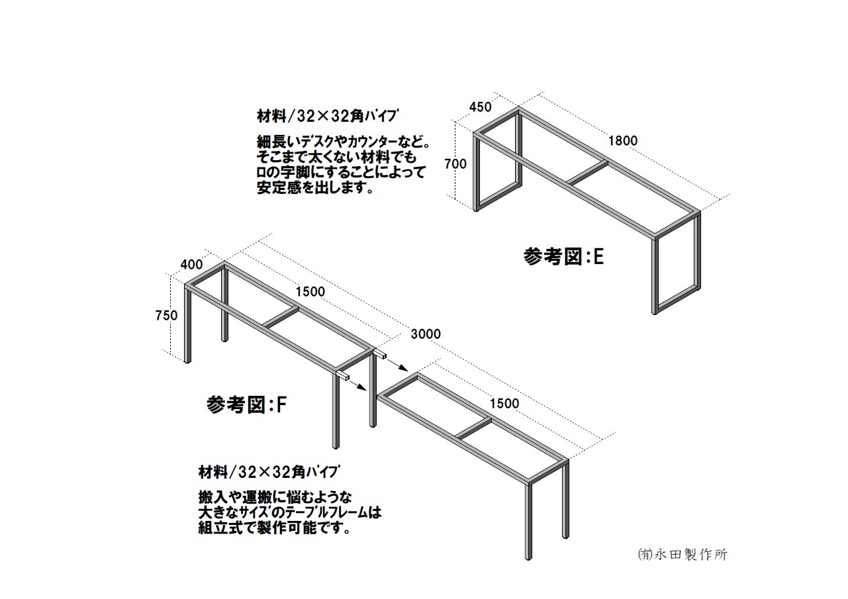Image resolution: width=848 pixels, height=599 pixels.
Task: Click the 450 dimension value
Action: [x=481, y=107]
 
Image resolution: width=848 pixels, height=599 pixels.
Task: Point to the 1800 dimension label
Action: [x=623, y=141]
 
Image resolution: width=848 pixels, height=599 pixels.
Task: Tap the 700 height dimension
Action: [x=455, y=164]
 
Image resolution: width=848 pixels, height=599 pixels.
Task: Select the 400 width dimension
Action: [x=191, y=265]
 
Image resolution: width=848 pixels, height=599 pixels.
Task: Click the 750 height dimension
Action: [x=167, y=315]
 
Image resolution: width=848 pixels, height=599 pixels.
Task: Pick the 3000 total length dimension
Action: [x=426, y=334]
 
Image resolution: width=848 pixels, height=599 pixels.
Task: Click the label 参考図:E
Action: [x=564, y=257]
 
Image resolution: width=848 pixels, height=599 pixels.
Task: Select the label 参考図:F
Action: [x=246, y=405]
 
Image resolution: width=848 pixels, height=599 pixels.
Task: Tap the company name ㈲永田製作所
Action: [x=683, y=555]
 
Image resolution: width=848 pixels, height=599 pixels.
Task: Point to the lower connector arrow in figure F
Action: [x=356, y=385]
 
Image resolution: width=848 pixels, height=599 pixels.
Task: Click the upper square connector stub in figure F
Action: [x=380, y=355]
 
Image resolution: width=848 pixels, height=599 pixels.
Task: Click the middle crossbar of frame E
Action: [x=588, y=173]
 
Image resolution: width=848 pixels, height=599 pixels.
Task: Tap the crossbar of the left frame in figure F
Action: [x=281, y=317]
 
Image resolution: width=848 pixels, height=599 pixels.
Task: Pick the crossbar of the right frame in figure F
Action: [x=474, y=429]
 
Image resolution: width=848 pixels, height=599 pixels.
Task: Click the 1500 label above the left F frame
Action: [x=310, y=292]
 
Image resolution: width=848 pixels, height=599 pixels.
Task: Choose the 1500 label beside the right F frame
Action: [x=504, y=403]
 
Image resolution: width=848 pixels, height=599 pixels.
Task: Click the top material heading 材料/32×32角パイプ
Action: [x=328, y=116]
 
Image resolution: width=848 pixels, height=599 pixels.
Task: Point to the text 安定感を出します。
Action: [x=315, y=188]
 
